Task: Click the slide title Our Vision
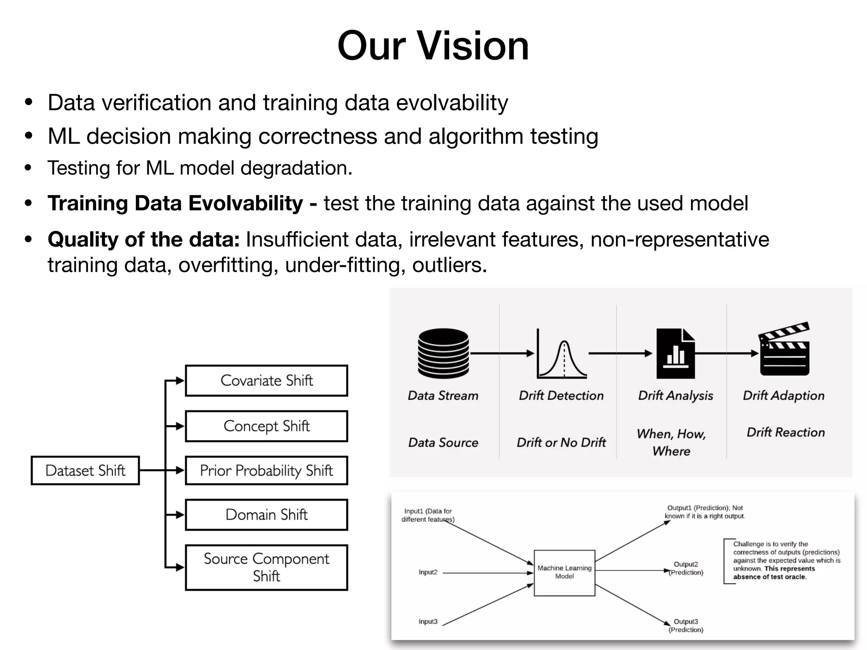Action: click(x=433, y=46)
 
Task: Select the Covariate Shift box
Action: click(x=266, y=380)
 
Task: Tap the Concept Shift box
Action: click(x=266, y=426)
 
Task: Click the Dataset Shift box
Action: click(x=85, y=470)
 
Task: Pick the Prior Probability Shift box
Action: click(x=266, y=470)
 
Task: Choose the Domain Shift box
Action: click(x=266, y=515)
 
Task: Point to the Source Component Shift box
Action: click(x=266, y=567)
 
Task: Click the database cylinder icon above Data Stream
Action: click(x=443, y=353)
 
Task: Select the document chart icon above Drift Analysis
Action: click(x=676, y=354)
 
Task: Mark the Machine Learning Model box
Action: click(x=564, y=573)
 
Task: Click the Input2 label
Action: click(x=428, y=572)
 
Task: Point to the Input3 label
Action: click(x=428, y=621)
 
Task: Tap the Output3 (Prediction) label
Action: click(x=686, y=625)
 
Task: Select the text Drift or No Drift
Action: click(x=561, y=443)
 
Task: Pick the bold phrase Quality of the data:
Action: click(x=144, y=240)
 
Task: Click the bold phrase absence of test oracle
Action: click(x=770, y=577)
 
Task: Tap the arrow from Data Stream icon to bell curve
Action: click(x=502, y=353)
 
